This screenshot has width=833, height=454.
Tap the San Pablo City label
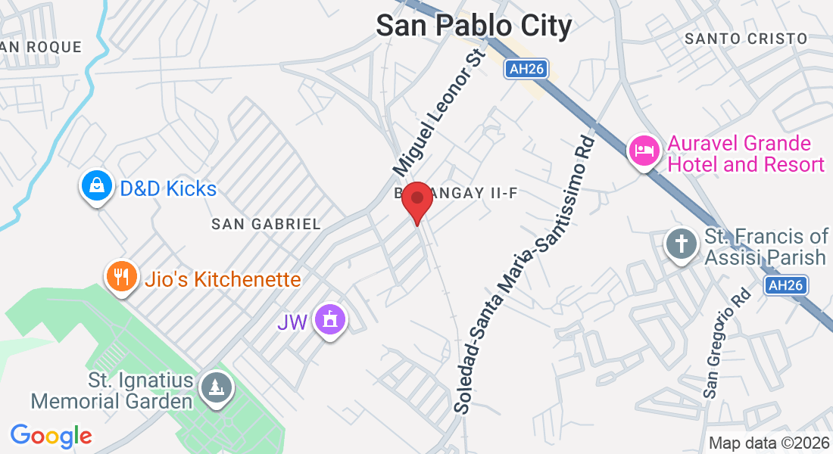pos(474,25)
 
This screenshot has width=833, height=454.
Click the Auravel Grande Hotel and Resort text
pos(744,154)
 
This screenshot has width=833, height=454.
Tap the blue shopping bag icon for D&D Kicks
pos(97,186)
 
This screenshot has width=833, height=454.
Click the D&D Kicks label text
pos(168,188)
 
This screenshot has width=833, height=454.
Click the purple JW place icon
pos(330,319)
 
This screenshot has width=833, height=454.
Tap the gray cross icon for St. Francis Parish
pos(680,244)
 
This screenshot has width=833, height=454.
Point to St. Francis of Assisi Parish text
pos(766,247)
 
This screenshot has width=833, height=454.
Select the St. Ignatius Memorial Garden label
pos(112,390)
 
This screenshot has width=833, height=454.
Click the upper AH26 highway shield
pos(527,69)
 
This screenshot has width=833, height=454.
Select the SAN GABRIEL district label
pos(266,224)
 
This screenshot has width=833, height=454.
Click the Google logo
pos(51,436)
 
